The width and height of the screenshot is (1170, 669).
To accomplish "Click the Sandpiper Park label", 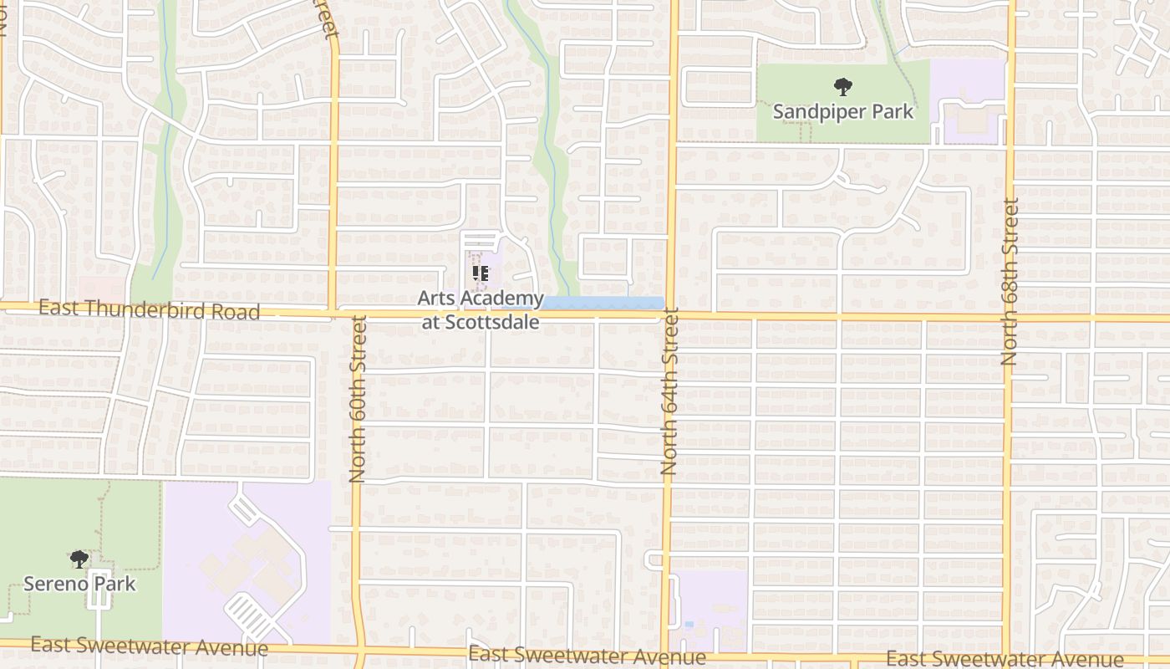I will [842, 111].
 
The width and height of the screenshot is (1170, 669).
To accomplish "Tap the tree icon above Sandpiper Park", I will [842, 85].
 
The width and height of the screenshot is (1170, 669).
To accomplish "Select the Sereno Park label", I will [79, 583].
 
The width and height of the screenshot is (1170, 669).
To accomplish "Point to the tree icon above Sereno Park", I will [79, 559].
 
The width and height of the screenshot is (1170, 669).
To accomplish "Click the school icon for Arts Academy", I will [481, 273].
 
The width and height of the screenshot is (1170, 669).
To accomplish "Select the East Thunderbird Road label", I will [149, 309].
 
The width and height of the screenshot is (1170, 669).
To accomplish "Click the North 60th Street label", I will [358, 398].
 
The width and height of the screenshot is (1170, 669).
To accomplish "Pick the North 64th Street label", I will [669, 401].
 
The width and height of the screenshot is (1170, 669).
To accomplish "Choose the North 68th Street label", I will [1010, 281].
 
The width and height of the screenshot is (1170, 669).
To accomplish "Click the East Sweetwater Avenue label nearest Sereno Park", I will [149, 646].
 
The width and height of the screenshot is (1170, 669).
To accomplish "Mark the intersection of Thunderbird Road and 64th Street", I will [672, 316].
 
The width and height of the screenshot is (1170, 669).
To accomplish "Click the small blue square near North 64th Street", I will [688, 625].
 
